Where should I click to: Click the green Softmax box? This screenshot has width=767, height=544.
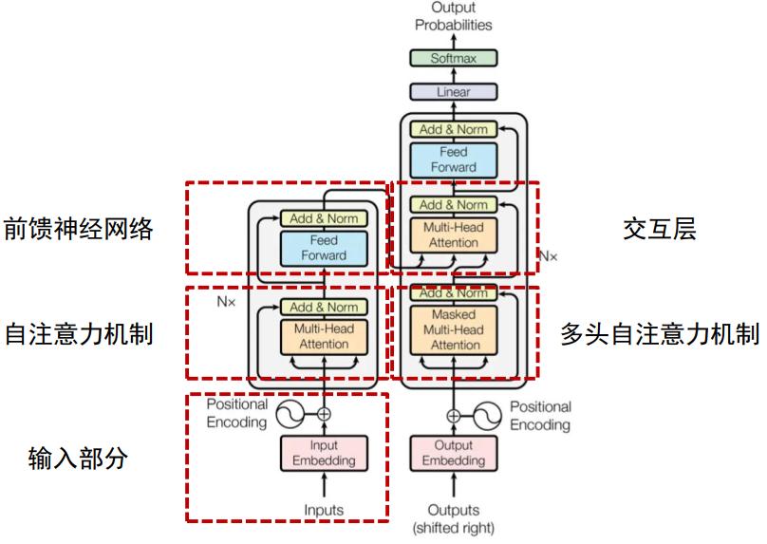[x=453, y=58]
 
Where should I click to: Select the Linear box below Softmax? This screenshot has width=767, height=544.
[x=453, y=92]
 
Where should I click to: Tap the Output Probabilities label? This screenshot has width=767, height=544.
[x=454, y=16]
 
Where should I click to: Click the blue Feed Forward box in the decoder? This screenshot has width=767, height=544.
[x=453, y=159]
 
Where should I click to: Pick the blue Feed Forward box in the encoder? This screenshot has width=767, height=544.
[x=324, y=248]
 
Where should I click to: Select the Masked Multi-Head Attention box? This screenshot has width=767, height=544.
[x=453, y=329]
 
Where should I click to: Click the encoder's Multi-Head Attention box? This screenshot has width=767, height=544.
[x=324, y=336]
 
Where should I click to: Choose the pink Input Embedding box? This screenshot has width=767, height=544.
[x=324, y=454]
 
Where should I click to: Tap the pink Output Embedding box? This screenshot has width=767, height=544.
[x=453, y=454]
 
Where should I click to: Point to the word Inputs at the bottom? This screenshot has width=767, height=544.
[x=324, y=510]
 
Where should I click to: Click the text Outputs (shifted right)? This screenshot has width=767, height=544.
[x=453, y=518]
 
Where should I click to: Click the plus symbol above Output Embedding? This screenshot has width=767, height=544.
[x=453, y=415]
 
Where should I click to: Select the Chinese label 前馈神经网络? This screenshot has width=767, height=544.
[x=78, y=229]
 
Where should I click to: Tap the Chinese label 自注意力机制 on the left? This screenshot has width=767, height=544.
[x=78, y=334]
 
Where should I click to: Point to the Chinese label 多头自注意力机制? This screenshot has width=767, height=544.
[x=659, y=334]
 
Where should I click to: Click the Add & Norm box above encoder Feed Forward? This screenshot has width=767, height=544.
[x=324, y=218]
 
